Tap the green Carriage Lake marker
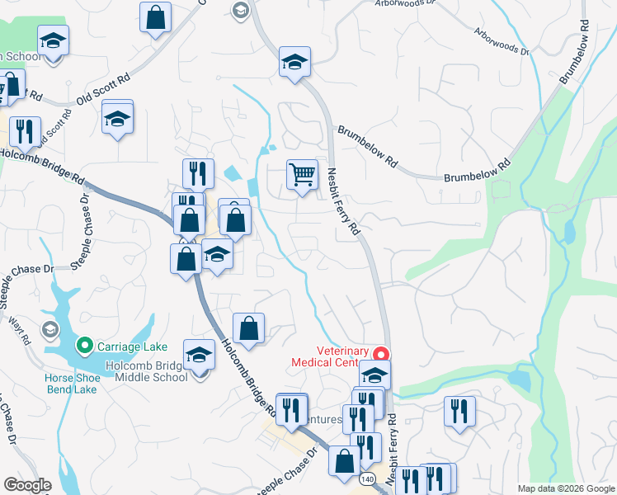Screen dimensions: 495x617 84,346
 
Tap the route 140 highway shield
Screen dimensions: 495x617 368,478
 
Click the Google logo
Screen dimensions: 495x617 27,485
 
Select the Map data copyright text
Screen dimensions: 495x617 566,488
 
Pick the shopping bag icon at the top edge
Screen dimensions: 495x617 155,17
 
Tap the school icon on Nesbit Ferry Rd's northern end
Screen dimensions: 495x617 294,62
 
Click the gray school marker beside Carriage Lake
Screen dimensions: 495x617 49,330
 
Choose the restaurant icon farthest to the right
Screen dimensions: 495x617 459,411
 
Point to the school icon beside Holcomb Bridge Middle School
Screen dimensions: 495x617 199,356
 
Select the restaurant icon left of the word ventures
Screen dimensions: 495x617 291,410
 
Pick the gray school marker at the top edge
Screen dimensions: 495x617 240,10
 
